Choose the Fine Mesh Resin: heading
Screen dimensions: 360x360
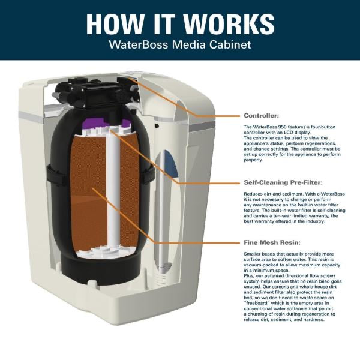point(271,243)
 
